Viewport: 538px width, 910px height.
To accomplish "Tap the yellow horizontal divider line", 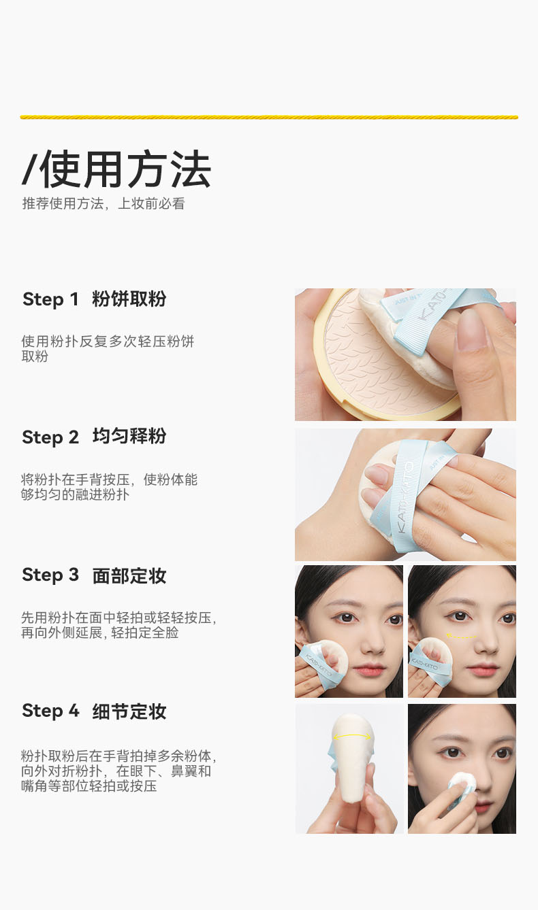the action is (x=269, y=118).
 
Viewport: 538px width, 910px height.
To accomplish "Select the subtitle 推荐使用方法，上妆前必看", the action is (x=104, y=203).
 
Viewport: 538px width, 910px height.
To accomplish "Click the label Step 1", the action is (x=50, y=299).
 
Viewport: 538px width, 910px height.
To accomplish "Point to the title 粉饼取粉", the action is (x=129, y=299).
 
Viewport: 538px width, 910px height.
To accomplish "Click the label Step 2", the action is (x=50, y=437).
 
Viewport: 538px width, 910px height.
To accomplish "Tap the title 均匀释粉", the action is (x=129, y=437).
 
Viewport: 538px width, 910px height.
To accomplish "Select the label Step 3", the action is (x=50, y=575).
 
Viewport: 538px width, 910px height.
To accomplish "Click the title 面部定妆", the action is (x=129, y=575).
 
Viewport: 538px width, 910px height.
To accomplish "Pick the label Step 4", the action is (x=50, y=711).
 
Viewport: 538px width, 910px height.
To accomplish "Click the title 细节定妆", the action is (x=129, y=711).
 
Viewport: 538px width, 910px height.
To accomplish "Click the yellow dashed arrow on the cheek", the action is (x=462, y=636).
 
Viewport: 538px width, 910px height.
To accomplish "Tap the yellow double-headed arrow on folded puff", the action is (x=352, y=736).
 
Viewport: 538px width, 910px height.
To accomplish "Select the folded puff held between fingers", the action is (x=352, y=759).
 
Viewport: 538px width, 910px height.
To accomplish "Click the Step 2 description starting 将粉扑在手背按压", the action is (x=109, y=487).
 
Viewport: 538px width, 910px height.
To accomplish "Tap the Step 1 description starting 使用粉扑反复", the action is (x=108, y=349).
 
